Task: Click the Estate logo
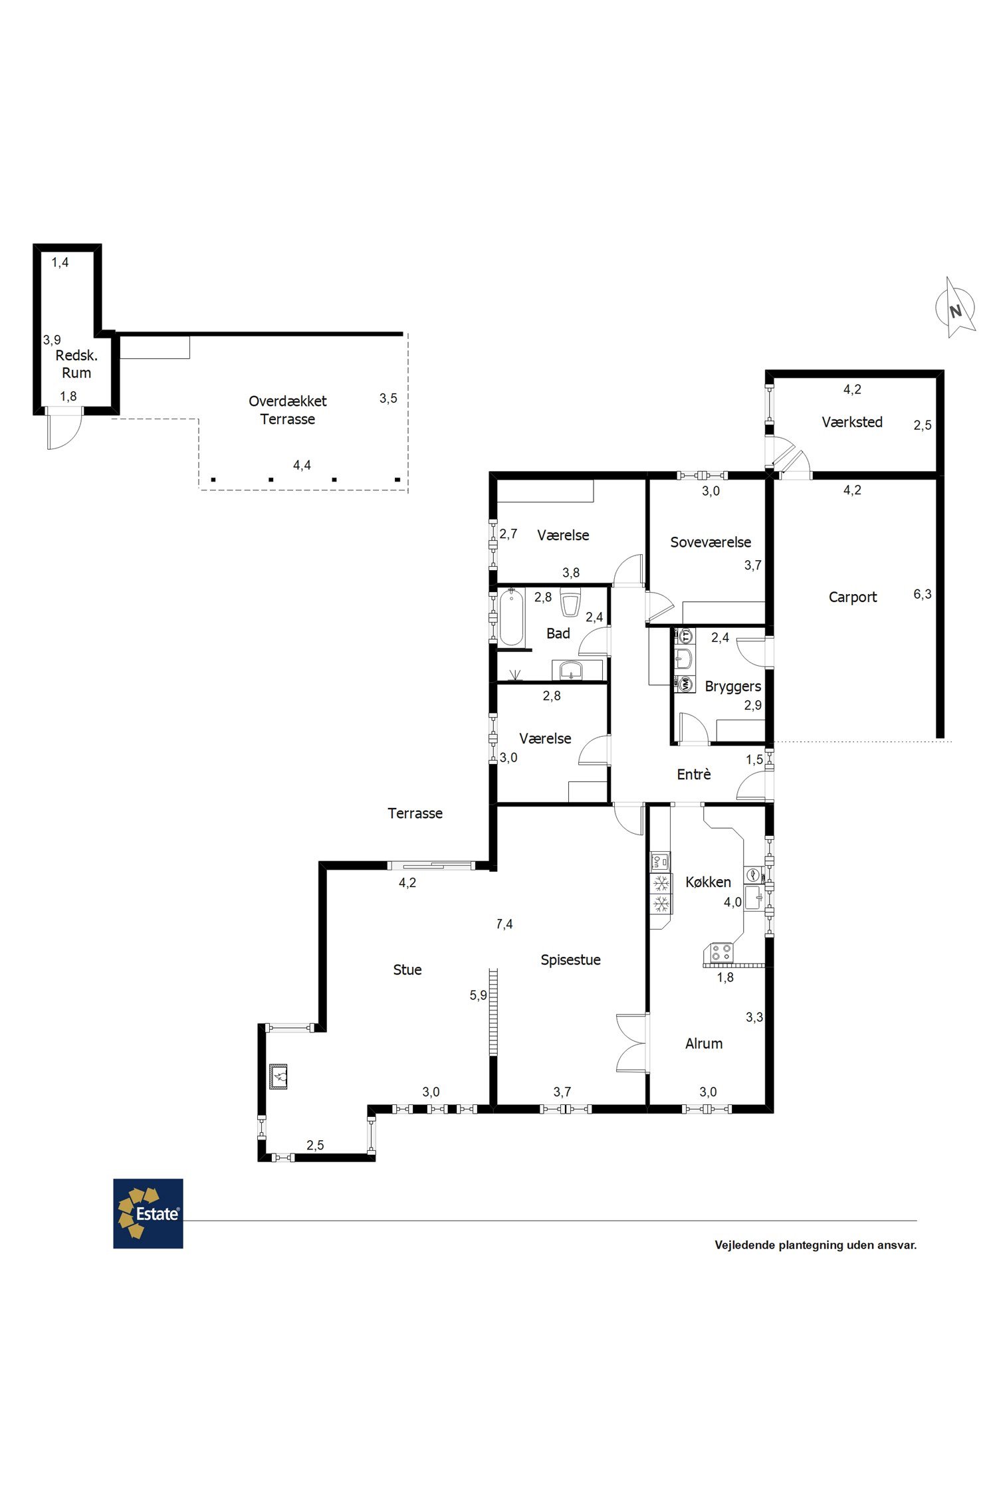148,1213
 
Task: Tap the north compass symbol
956,308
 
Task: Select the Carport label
853,597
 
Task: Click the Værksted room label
852,422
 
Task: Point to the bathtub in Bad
511,617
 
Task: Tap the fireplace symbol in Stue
278,1076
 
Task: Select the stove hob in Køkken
721,952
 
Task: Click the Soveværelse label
711,542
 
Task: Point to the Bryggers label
733,687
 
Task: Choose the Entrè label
694,774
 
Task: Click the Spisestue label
570,960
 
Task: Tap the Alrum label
704,1044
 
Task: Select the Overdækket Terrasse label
288,410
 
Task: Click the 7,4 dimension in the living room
504,924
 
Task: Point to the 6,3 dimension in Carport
923,595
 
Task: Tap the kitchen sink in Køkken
754,897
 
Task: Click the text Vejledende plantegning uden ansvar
816,1245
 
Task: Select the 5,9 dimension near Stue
479,995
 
